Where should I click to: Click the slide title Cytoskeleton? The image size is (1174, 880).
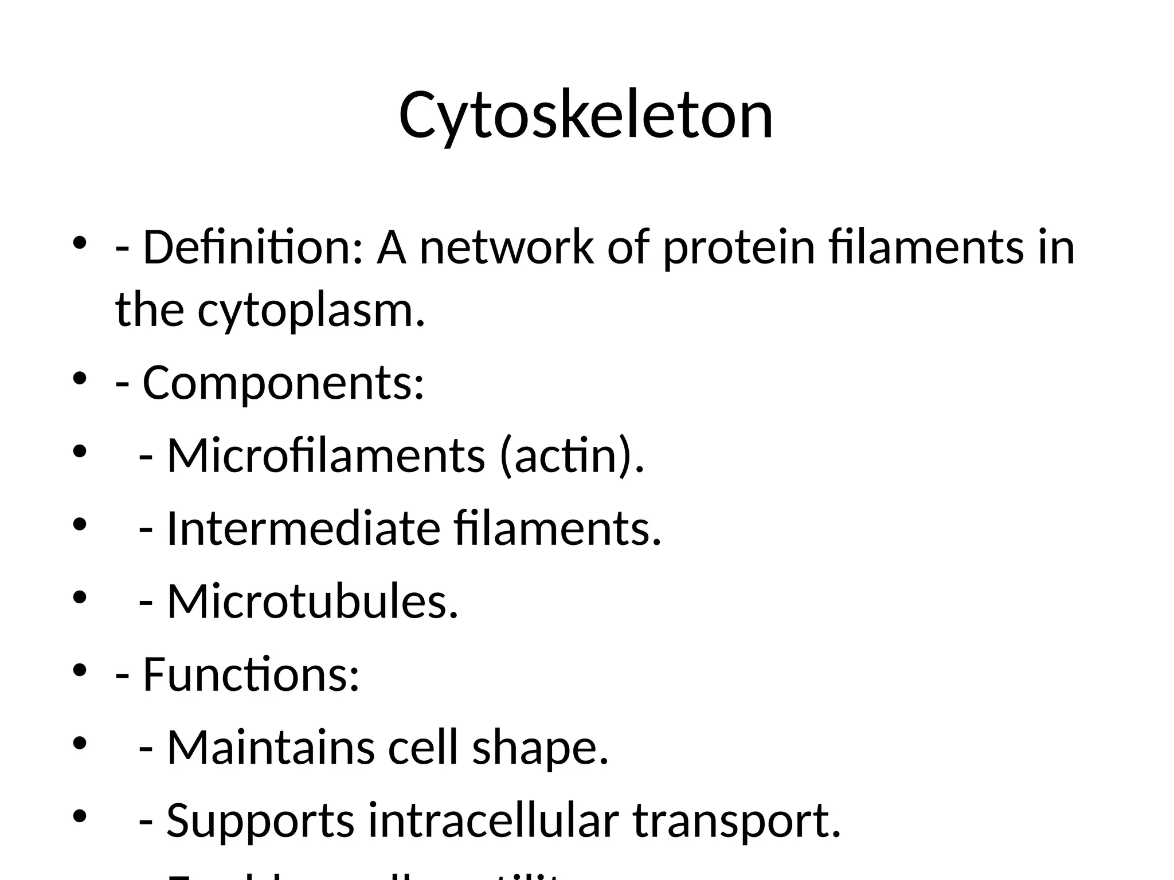pyautogui.click(x=586, y=116)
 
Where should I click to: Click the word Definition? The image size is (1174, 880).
pyautogui.click(x=252, y=247)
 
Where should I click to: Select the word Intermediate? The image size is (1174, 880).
pyautogui.click(x=303, y=528)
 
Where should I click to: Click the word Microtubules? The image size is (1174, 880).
pyautogui.click(x=312, y=602)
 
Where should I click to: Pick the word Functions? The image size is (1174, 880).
pyautogui.click(x=251, y=674)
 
